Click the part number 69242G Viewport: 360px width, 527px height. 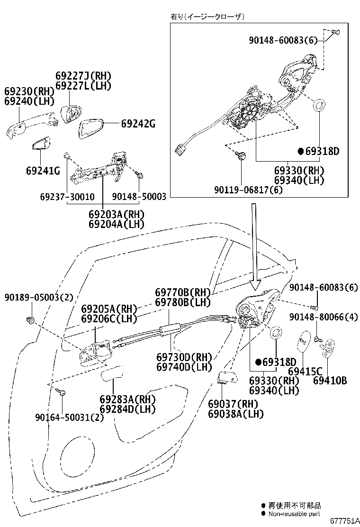coord(138,124)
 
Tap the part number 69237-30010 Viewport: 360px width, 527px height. coord(67,197)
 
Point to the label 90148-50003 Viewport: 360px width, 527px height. coord(139,197)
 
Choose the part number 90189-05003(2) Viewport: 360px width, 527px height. coord(39,297)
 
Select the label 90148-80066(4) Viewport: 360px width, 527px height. coord(324,318)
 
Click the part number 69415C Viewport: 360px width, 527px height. coord(305,371)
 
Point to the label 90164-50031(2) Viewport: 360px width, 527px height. coord(69,417)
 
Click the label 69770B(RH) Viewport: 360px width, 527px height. coord(183,293)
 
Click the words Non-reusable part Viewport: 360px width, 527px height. coord(294,513)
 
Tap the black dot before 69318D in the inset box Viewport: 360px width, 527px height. coord(300,152)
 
